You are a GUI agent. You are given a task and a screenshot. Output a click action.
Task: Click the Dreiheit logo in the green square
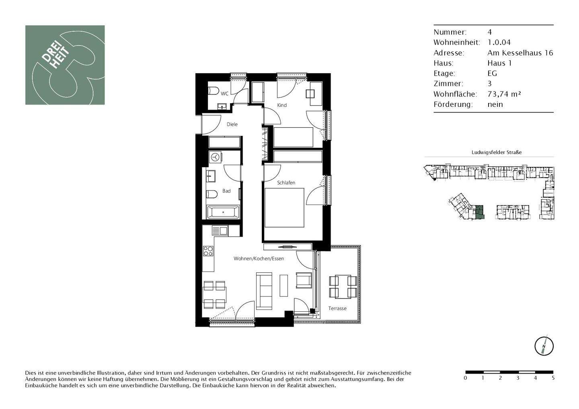pos(65,65)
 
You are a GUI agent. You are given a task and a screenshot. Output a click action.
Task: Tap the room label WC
pos(224,94)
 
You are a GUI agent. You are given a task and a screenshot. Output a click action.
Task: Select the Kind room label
pos(282,105)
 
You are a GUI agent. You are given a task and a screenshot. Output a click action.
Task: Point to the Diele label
pos(232,125)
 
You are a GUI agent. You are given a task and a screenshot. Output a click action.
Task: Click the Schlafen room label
pos(286,183)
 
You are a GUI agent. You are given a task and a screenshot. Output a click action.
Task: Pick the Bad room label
pos(226,191)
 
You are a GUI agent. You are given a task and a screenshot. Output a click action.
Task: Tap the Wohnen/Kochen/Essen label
pos(259,259)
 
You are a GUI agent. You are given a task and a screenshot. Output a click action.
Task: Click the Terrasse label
pos(337,309)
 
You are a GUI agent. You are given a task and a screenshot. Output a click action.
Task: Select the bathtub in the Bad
pos(223,212)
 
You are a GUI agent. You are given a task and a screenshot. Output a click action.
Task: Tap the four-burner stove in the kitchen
pos(208,251)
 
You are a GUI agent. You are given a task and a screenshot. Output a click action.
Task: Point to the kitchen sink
pos(220,231)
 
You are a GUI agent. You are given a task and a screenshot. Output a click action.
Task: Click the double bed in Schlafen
pos(284,208)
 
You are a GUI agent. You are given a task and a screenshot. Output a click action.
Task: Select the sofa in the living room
pos(264,291)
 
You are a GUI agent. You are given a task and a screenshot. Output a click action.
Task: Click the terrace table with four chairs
pos(343,286)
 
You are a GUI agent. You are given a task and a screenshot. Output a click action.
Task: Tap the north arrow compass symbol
pos(544,346)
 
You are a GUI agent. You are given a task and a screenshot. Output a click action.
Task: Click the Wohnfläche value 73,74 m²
pos(504,94)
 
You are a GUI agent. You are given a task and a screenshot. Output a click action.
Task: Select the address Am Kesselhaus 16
pos(520,53)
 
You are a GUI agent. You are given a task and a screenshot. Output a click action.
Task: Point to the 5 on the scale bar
pos(553,378)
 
